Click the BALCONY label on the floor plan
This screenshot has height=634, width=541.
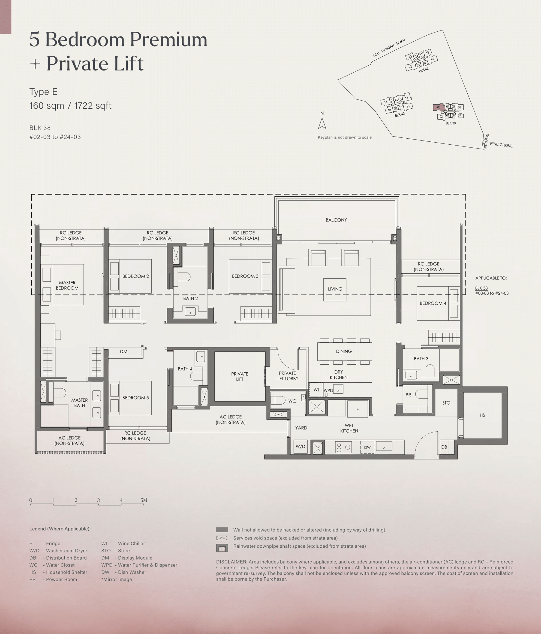coord(336,220)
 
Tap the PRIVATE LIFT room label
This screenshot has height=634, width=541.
coord(240,376)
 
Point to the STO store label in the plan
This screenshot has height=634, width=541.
coord(446,403)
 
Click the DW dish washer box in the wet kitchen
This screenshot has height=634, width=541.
coord(367,447)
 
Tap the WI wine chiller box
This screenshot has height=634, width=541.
coord(316,390)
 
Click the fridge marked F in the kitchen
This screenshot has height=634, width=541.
coord(357,409)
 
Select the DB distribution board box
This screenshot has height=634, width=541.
coord(444,447)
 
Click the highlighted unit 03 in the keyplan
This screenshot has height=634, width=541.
coord(439,107)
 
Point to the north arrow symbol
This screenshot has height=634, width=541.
coord(322,123)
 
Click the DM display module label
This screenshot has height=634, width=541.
coord(123,352)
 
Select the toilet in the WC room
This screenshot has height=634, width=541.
coord(278,400)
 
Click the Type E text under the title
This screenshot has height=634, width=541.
coord(43,92)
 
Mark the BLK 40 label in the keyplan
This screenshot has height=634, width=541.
coord(400,115)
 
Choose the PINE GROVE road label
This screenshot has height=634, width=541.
coord(501,145)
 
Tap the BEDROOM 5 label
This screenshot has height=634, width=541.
coord(135,398)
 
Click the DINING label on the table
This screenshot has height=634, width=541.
coord(344,351)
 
